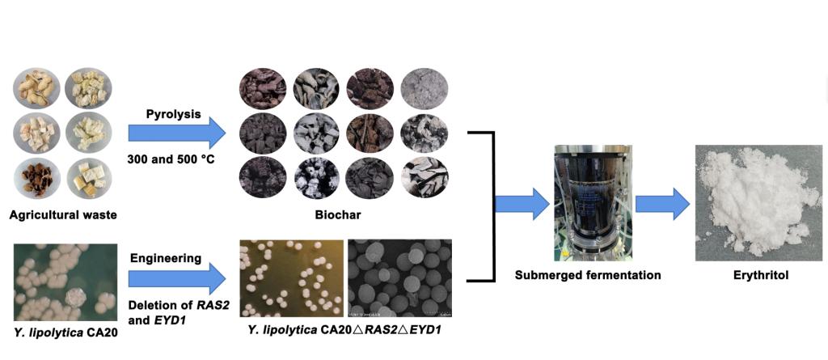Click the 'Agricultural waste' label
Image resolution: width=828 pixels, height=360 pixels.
pos(62,215)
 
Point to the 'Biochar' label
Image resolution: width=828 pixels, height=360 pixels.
pos(337,215)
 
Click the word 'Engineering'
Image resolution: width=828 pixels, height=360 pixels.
pos(166,258)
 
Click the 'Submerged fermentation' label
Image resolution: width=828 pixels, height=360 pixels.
pos(588,275)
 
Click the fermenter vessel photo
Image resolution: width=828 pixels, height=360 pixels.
pos(582,202)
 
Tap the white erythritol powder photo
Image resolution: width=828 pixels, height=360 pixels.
pos(758,202)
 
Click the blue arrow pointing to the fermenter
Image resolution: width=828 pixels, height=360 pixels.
pos(522,203)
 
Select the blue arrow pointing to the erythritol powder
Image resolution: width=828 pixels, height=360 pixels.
pos(662,203)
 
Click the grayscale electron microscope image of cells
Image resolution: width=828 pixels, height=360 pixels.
pos(399,277)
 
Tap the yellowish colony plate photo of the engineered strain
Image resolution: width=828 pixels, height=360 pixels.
pos(292,277)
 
